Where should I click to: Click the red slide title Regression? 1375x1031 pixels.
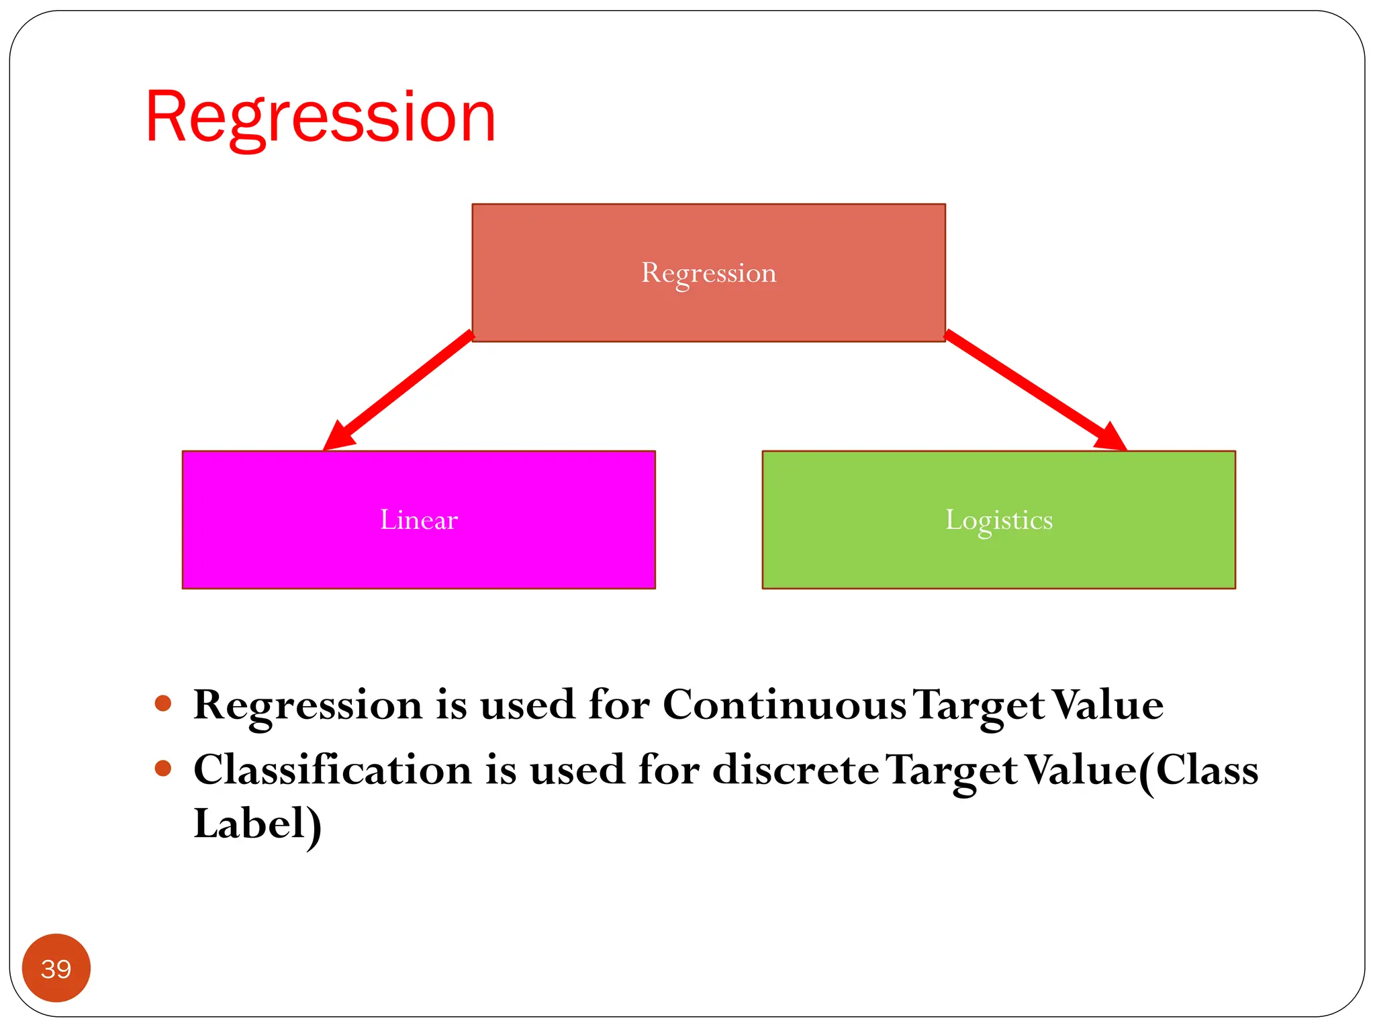(x=320, y=117)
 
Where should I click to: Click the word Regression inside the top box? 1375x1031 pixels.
(x=708, y=273)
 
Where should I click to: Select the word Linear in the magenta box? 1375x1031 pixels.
(x=418, y=520)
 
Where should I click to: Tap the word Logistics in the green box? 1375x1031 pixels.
(x=998, y=520)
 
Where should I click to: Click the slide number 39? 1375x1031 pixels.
(x=56, y=969)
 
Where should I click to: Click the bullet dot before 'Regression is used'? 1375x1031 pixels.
(x=163, y=703)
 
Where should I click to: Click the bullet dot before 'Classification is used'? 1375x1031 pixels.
(x=163, y=768)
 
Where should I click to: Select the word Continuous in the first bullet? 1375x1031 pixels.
(x=784, y=705)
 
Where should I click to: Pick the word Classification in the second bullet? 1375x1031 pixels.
(x=332, y=769)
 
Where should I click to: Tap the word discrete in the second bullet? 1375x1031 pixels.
(x=795, y=769)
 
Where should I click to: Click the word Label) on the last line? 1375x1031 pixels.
(x=257, y=824)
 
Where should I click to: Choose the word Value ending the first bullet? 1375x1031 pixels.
(x=1108, y=705)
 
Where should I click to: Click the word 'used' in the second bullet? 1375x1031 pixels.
(x=577, y=769)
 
